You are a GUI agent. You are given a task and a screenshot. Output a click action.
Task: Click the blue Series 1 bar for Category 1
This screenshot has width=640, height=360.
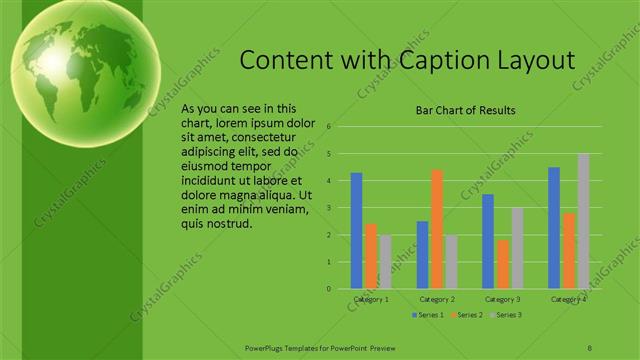point(357,231)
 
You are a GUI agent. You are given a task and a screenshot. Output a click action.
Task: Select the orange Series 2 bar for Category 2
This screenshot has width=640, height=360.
point(437,229)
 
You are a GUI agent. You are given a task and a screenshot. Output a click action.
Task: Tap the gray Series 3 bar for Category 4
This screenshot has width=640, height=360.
point(583,221)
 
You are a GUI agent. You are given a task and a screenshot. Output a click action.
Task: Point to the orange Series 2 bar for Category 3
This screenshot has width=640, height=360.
point(502,264)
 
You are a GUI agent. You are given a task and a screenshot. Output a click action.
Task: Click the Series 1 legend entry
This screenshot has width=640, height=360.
point(429,315)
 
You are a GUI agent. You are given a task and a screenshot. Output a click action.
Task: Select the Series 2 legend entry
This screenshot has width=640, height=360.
point(468,315)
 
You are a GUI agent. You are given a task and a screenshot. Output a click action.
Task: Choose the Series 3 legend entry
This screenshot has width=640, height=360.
point(506,315)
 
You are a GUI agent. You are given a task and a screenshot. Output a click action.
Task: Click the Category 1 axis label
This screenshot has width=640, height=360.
point(371,299)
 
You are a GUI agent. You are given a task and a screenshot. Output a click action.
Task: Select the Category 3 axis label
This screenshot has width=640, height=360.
point(502,299)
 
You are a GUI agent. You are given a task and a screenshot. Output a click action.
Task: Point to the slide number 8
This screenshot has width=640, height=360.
point(589,348)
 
